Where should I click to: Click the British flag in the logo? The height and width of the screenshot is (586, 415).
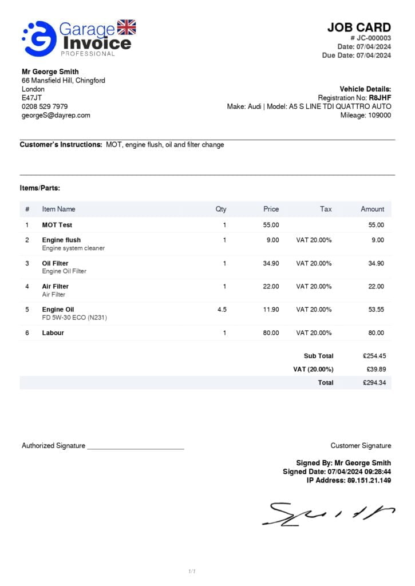point(127,27)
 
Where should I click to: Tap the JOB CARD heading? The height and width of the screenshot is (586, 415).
point(359,27)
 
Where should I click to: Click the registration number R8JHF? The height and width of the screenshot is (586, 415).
point(380,98)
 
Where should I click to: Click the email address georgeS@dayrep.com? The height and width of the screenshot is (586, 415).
point(56,115)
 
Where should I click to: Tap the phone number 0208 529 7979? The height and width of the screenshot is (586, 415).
point(45,106)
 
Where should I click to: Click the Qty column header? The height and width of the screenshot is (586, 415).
point(221,209)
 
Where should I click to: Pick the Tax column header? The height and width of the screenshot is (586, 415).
point(326,209)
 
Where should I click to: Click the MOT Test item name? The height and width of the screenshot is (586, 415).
point(57,225)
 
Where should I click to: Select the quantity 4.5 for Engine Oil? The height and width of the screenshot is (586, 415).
point(222,310)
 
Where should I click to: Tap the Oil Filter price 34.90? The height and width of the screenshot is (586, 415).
point(271,263)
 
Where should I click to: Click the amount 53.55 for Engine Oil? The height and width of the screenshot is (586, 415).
point(376,310)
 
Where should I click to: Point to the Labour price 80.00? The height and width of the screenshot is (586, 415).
point(271,332)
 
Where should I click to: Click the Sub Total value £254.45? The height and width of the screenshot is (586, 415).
point(374,356)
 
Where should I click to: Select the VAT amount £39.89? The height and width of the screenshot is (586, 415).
point(376,369)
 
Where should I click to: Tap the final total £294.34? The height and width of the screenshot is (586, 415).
point(374,382)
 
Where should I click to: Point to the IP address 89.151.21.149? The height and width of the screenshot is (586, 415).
point(369,480)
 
